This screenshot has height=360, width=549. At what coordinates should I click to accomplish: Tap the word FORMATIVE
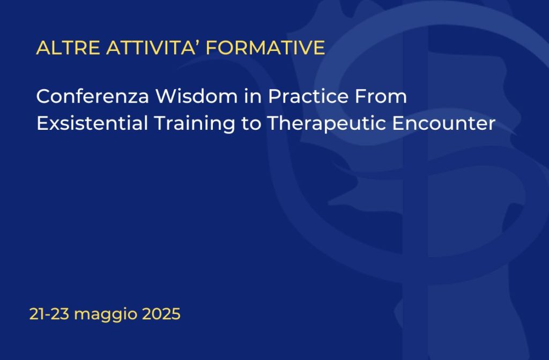[265, 48]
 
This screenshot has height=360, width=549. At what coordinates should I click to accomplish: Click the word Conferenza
[93, 96]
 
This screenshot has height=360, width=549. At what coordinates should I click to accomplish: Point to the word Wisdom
[197, 96]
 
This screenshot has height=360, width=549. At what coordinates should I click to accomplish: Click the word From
[381, 96]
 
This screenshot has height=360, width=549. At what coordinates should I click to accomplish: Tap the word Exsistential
[92, 123]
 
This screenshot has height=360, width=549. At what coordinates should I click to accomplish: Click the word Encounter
[443, 123]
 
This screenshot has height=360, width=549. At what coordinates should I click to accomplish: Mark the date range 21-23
[49, 314]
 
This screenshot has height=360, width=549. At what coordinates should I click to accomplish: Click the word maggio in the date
[106, 315]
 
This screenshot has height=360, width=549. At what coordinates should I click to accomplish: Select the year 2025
[161, 314]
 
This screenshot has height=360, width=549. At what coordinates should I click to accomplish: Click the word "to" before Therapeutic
[251, 124]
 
